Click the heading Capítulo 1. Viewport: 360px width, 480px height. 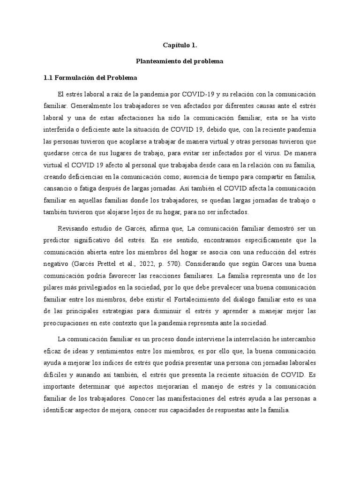pyautogui.click(x=180, y=45)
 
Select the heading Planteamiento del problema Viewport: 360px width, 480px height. pyautogui.click(x=180, y=61)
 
